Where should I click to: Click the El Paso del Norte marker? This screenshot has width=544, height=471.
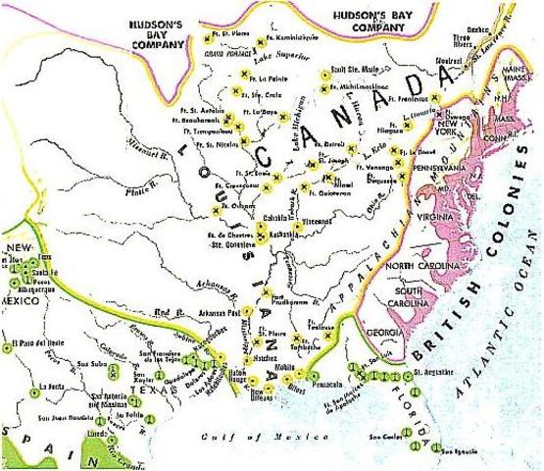click(x=6, y=345)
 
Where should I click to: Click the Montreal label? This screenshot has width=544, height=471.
click(x=420, y=61)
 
